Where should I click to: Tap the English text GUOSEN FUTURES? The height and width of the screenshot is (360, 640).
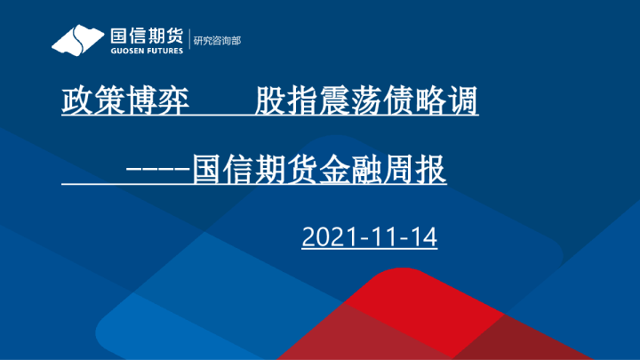pos(146,51)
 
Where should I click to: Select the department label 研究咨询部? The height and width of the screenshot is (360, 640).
pos(217,41)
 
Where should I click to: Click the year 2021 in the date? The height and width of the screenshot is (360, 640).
pos(328,237)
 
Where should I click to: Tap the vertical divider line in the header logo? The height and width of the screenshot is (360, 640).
pos(190,41)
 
